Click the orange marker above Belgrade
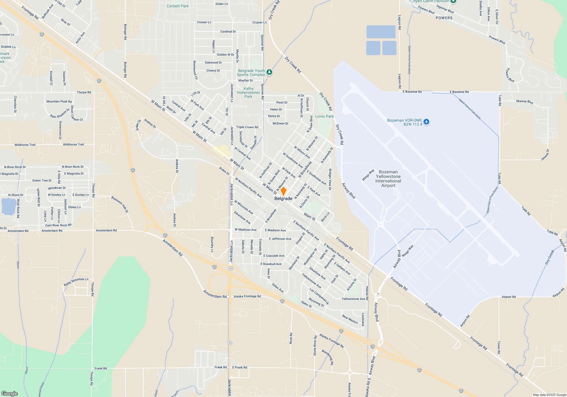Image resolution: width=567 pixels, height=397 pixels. click(x=283, y=191)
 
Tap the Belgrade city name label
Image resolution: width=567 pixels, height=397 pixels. click(x=283, y=198)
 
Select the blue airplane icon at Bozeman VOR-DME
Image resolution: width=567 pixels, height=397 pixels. click(x=426, y=122)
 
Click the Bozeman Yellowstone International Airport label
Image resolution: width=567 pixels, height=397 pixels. click(x=388, y=179)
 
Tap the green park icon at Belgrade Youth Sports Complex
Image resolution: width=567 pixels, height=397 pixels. click(x=269, y=72)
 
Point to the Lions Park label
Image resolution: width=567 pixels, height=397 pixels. click(x=324, y=116)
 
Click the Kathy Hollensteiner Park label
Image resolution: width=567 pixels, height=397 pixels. click(x=248, y=92)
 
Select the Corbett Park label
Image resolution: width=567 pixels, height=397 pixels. click(x=177, y=6)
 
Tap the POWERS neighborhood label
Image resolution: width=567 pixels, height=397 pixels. click(x=444, y=18)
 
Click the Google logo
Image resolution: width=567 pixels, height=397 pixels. click(x=10, y=393)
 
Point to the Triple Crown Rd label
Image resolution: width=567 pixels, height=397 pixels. click(x=247, y=127)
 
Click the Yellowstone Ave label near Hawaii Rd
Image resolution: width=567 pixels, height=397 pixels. click(x=353, y=299)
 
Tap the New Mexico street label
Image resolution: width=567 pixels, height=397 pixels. click(x=350, y=319)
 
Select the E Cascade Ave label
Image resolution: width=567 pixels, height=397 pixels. click(x=274, y=255)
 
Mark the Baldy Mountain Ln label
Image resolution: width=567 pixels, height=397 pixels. click(x=76, y=282)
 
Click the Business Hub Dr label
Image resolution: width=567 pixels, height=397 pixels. click(x=120, y=204)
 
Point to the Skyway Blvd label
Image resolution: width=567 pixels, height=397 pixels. click(x=524, y=102)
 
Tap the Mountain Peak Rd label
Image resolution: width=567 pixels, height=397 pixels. click(x=59, y=101)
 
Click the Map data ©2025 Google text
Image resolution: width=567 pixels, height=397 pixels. click(x=549, y=395)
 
